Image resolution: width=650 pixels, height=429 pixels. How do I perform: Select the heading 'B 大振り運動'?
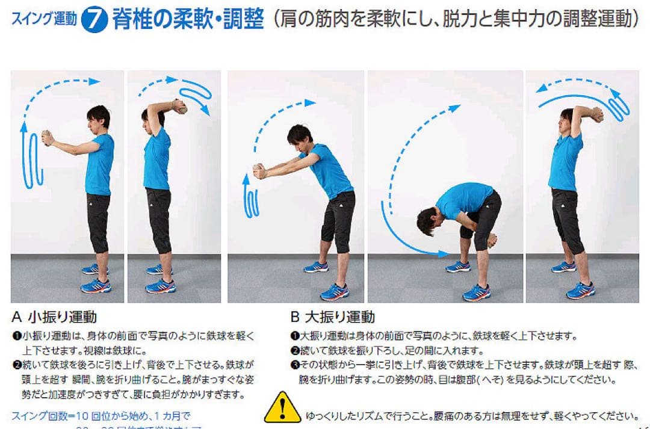tap(332, 316)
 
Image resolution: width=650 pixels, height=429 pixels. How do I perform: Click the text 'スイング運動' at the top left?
tap(44, 20)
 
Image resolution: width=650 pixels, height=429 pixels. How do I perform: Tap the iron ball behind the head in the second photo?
tap(179, 106)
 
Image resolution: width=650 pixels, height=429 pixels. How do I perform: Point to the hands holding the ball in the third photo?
tap(259, 171)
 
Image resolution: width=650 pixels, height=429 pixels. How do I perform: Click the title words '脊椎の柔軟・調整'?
tap(188, 20)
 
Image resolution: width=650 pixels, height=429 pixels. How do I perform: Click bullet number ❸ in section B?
tap(295, 365)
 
